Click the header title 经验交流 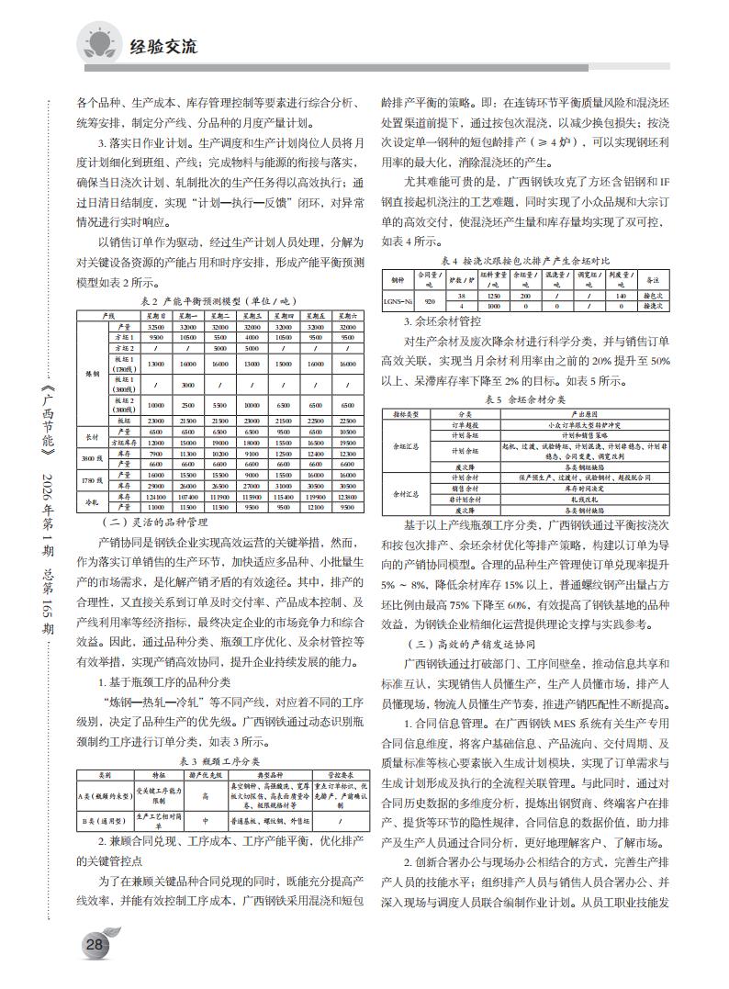(164, 46)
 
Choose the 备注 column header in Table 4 (654, 278)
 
